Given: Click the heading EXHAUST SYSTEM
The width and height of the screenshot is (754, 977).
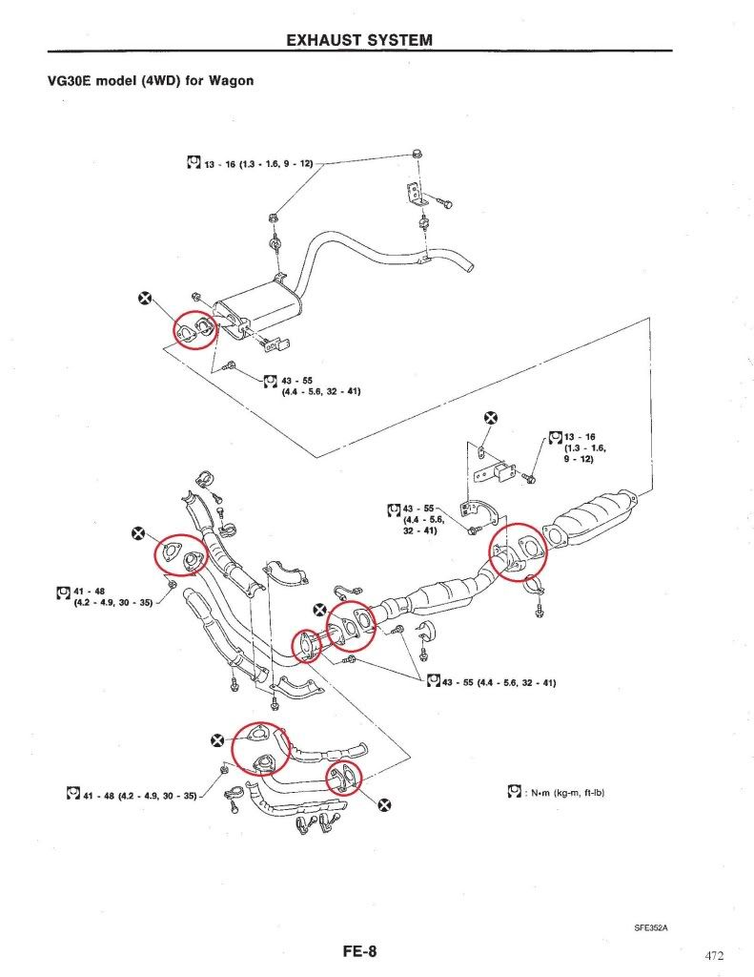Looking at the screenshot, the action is pyautogui.click(x=359, y=40).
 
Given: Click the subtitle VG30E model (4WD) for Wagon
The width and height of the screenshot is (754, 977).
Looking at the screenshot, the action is pyautogui.click(x=151, y=80).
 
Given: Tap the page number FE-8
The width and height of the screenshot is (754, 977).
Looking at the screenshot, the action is pyautogui.click(x=359, y=951).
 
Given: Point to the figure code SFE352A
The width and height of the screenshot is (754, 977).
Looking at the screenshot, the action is pyautogui.click(x=651, y=927).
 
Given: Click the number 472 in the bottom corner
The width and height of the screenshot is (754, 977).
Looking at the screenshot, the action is pyautogui.click(x=714, y=956).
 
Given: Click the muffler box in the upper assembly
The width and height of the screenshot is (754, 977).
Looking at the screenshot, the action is pyautogui.click(x=256, y=310).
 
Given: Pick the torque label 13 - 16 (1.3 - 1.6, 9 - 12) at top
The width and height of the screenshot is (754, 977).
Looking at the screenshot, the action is pyautogui.click(x=250, y=163).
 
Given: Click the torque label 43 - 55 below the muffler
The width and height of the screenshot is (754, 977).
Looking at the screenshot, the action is pyautogui.click(x=312, y=385).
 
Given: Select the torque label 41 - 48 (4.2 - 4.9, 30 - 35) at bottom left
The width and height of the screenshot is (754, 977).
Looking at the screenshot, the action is pyautogui.click(x=132, y=795).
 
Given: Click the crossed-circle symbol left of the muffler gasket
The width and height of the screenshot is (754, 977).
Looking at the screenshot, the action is pyautogui.click(x=145, y=299).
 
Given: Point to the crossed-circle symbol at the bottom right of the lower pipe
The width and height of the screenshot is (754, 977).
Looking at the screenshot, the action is pyautogui.click(x=386, y=804).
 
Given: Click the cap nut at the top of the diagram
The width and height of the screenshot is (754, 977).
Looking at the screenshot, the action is pyautogui.click(x=418, y=154).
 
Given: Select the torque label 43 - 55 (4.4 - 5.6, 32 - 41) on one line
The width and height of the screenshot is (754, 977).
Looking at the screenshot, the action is pyautogui.click(x=491, y=681).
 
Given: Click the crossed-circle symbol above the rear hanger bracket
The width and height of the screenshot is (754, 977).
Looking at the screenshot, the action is pyautogui.click(x=491, y=418).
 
